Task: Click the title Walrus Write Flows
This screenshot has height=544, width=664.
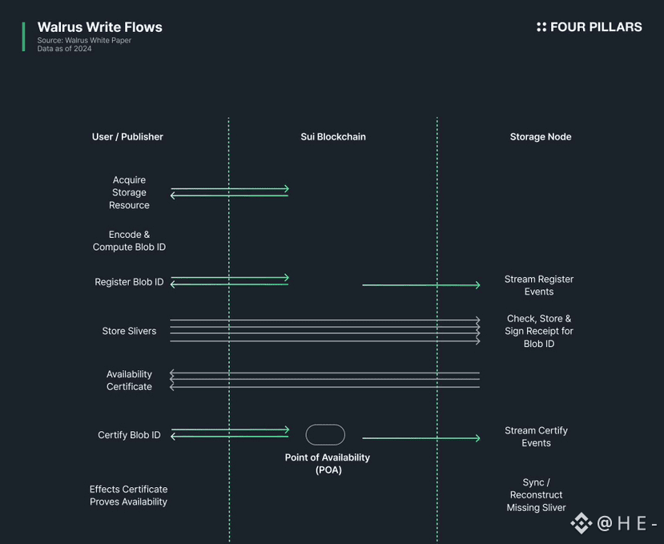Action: (99, 27)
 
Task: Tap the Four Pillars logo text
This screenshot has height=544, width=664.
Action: (595, 27)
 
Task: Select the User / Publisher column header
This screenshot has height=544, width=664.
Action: (127, 137)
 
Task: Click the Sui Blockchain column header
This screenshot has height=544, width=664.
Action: (333, 137)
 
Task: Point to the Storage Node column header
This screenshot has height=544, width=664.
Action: (541, 137)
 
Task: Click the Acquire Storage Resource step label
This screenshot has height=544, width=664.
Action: (129, 192)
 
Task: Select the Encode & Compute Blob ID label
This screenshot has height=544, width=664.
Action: (129, 241)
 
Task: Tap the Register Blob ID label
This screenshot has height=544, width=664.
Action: (129, 282)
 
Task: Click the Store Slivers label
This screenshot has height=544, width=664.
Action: (129, 331)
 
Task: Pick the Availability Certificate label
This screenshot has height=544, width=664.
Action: (129, 381)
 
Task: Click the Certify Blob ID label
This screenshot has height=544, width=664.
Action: (129, 435)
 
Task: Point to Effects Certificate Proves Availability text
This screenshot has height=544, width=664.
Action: (128, 495)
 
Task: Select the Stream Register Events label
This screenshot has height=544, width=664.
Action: (539, 285)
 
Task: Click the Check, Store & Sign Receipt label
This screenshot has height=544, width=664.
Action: (539, 331)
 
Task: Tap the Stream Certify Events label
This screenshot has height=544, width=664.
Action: (537, 437)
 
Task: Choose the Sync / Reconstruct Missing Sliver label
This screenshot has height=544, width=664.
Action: (537, 495)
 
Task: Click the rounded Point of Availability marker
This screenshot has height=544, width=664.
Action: (325, 435)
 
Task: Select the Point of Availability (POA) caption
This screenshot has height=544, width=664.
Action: (328, 464)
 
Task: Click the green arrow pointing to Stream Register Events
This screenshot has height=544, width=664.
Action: (421, 285)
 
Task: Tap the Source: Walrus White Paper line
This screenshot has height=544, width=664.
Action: (84, 40)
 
